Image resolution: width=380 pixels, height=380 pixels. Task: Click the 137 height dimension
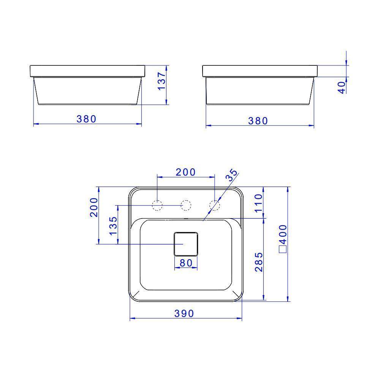tap(162, 81)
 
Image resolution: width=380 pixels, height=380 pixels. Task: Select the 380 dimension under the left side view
tap(87, 119)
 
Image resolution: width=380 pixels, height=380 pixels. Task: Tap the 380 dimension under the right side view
tap(258, 121)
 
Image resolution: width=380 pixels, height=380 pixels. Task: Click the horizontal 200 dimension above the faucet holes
tap(185, 172)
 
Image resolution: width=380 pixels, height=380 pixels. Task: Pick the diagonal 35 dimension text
tap(231, 175)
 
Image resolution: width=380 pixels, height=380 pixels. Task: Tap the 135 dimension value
tap(113, 226)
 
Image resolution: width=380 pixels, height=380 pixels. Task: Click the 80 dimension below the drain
tap(185, 263)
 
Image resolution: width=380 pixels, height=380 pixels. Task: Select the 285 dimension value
tap(258, 262)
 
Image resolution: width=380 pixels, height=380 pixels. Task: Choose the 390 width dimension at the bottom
tap(184, 313)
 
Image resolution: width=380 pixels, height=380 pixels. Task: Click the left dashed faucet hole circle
tap(157, 206)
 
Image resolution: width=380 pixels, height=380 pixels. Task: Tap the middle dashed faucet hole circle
tap(185, 206)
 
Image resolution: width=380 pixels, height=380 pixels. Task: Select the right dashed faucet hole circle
tap(214, 206)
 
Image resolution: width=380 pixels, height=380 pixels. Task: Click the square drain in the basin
tap(186, 244)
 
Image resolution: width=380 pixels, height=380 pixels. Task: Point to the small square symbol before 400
tap(282, 249)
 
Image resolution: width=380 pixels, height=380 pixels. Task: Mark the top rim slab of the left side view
tap(87, 71)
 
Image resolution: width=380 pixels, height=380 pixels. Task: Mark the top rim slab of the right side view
tap(260, 71)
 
